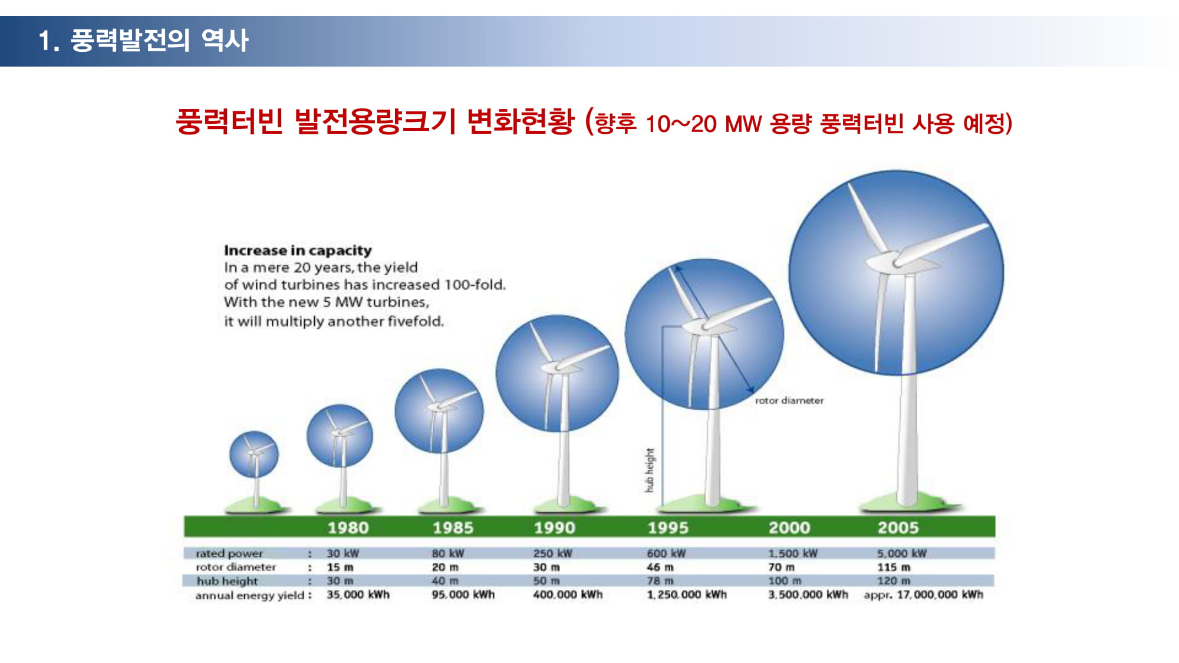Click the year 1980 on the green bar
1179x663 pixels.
coord(348,527)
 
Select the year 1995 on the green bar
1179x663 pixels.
coord(668,527)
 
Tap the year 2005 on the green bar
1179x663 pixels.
coord(898,527)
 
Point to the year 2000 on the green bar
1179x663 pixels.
coord(789,527)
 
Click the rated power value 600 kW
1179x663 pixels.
coord(666,553)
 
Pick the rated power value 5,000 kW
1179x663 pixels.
coord(901,553)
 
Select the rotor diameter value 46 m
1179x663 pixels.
coord(660,567)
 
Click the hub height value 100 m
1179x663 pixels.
coord(785,580)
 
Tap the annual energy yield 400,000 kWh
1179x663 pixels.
coord(568,595)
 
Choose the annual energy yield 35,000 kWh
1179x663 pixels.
coord(358,595)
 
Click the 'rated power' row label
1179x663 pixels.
coord(229,553)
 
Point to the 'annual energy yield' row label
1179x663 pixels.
coord(250,595)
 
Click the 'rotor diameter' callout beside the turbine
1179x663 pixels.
coord(789,401)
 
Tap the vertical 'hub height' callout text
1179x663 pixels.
coord(650,470)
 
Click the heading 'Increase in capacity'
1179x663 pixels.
coord(298,250)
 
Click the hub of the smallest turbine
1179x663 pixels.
coord(254,453)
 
